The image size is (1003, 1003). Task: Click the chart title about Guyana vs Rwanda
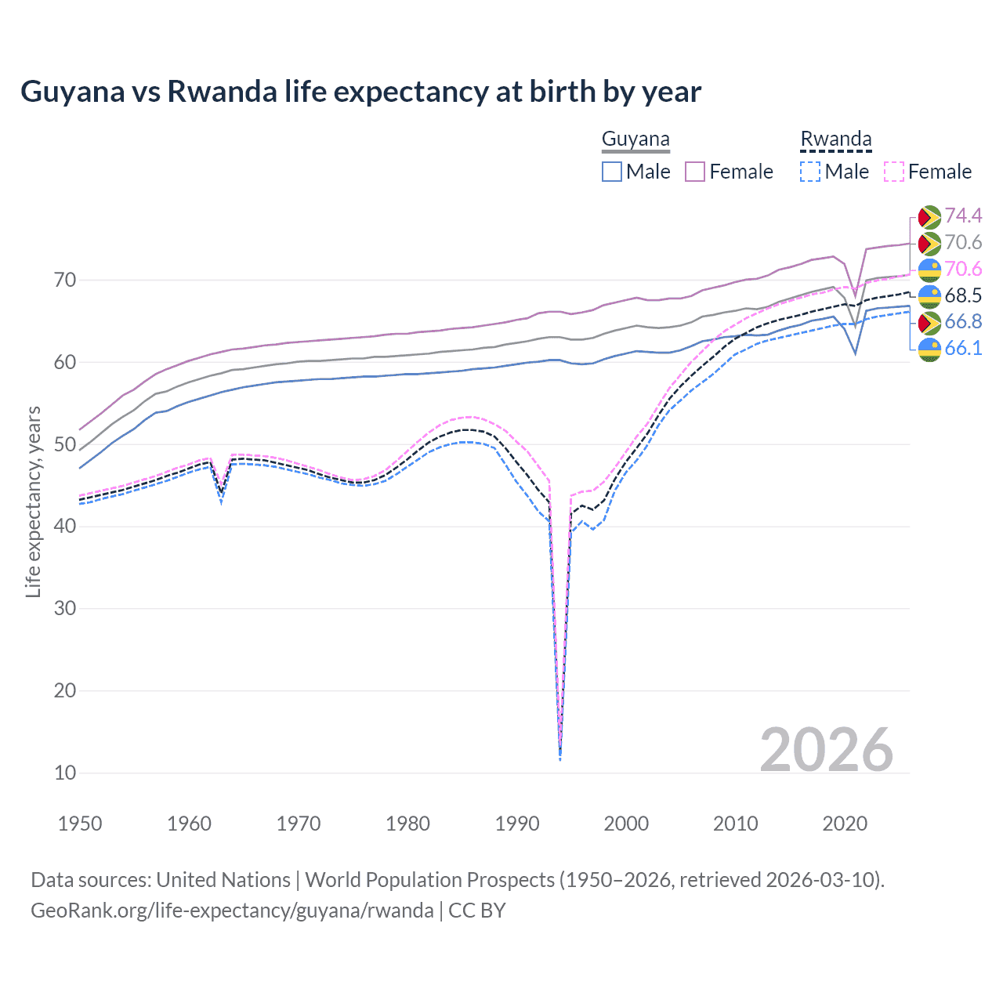point(360,92)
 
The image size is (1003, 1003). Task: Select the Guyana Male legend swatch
point(612,172)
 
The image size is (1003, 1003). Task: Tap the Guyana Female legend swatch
point(695,172)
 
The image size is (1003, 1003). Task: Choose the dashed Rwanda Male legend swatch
point(810,172)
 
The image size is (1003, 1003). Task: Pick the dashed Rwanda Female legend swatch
point(894,172)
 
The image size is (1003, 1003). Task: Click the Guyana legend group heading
point(635,139)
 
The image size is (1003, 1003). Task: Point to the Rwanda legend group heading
point(835,139)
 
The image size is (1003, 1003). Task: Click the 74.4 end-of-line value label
point(963,215)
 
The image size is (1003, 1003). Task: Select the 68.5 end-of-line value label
point(963,295)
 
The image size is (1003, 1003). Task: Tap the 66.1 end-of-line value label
point(963,348)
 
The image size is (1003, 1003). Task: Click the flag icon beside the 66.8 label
point(929,322)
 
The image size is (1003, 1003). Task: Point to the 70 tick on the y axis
point(65,280)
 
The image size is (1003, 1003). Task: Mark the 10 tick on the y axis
point(65,773)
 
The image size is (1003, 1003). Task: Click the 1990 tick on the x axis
point(517,824)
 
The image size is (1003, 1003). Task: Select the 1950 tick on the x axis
point(80,824)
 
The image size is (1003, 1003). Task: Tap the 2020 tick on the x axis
point(845,824)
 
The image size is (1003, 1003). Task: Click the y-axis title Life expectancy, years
point(33,501)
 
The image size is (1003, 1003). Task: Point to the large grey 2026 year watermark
point(826,750)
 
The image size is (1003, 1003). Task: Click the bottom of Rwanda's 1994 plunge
point(559,758)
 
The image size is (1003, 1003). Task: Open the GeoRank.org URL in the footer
point(232,911)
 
